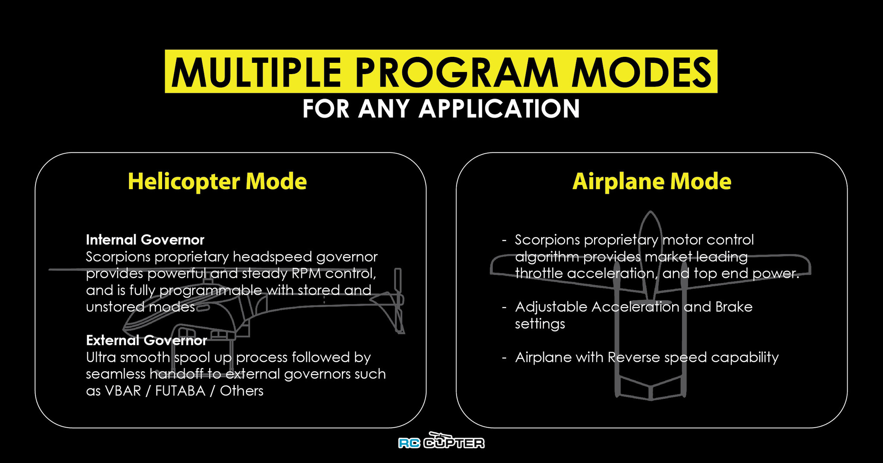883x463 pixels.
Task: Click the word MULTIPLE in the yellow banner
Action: click(x=257, y=72)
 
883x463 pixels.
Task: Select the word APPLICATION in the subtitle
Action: click(x=499, y=109)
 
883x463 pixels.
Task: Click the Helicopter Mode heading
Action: click(x=217, y=181)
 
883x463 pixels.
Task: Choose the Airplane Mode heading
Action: click(x=652, y=181)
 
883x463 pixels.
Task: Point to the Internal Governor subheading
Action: click(x=145, y=239)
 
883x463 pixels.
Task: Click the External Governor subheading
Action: click(x=147, y=340)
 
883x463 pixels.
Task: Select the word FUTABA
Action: click(x=180, y=391)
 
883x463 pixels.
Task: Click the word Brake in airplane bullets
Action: click(x=734, y=307)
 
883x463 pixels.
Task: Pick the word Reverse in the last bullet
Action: click(x=634, y=357)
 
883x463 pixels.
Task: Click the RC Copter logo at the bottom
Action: click(x=441, y=441)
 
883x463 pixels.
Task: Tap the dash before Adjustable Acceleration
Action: click(x=504, y=308)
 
